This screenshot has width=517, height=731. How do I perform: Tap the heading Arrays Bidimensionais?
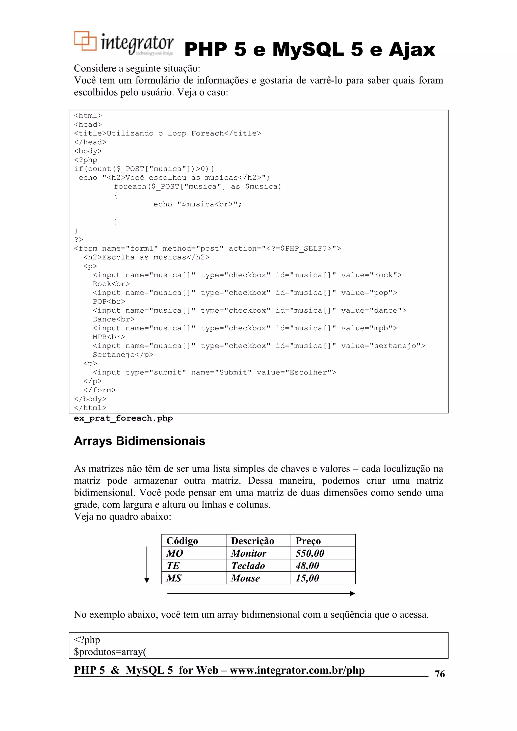140,441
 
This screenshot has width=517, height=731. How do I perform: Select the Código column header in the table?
182,541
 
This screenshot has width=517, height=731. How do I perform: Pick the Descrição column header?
252,541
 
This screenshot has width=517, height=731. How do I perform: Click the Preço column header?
308,541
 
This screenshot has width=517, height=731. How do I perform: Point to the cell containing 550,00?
310,553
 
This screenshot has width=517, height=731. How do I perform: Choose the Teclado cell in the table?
248,566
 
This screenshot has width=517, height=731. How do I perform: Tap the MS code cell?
174,578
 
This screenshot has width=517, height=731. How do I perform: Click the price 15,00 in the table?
307,578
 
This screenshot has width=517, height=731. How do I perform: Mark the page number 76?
440,674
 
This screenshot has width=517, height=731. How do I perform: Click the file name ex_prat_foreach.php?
123,418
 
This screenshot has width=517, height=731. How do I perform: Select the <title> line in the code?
168,133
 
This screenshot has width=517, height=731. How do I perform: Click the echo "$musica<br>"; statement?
197,204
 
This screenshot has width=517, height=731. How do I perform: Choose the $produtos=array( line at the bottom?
110,652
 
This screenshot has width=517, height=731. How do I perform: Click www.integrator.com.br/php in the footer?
297,670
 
